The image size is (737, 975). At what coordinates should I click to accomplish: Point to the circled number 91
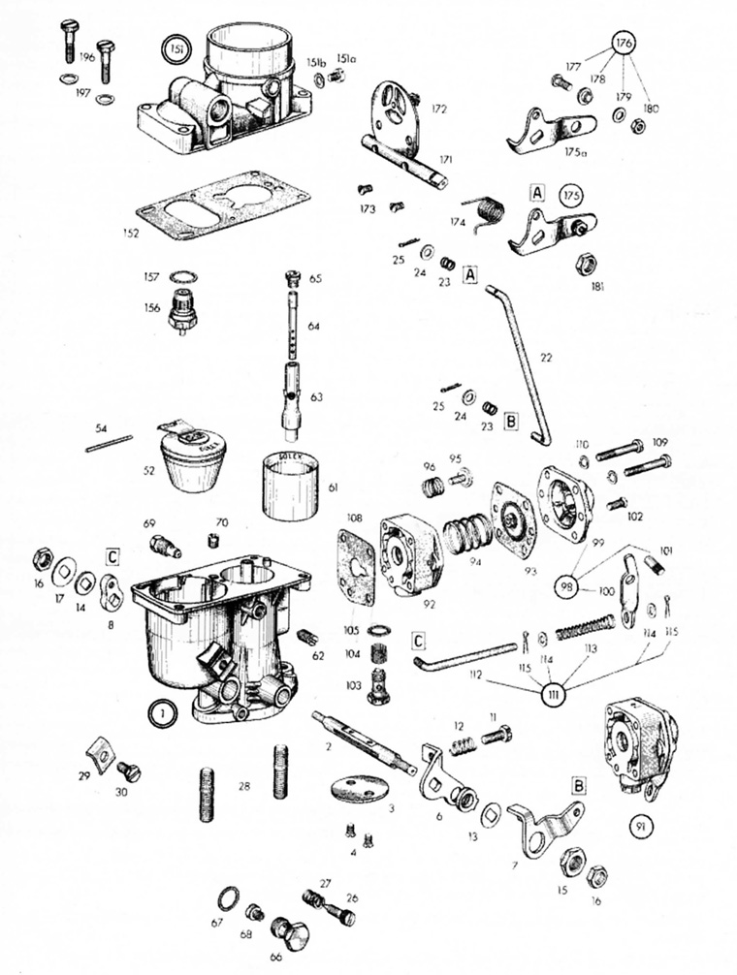pos(639,827)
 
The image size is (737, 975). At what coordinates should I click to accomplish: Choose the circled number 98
pos(568,587)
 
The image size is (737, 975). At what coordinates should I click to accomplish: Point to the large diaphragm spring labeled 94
pos(465,535)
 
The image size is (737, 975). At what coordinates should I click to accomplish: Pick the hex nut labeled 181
pos(586,265)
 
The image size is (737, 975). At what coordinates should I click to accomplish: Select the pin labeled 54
pos(109,442)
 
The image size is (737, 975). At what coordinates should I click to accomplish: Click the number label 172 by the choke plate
pos(439,110)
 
